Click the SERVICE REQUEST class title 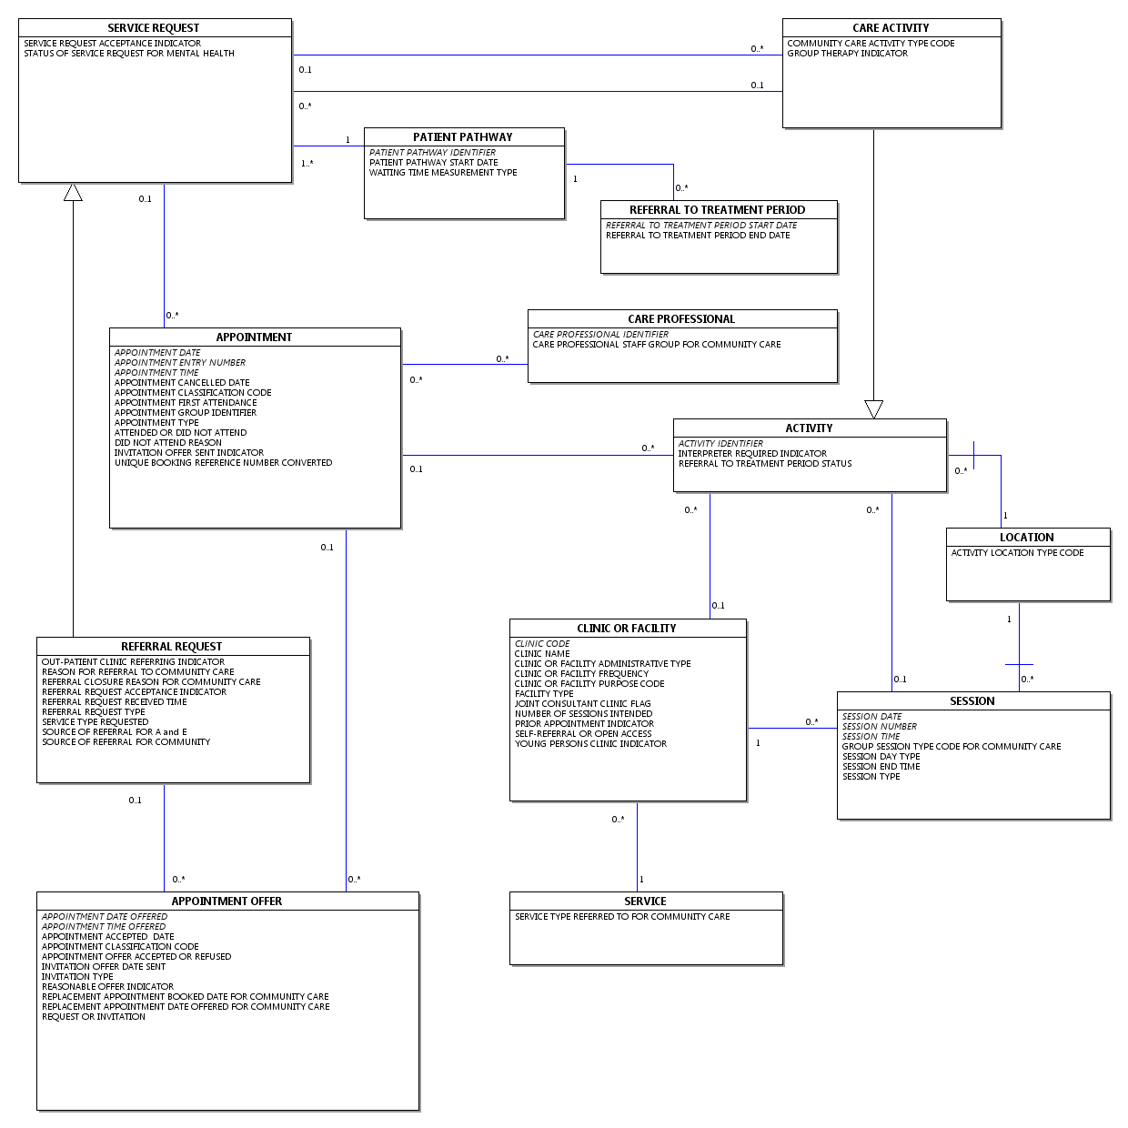tap(153, 28)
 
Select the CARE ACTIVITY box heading tap(891, 28)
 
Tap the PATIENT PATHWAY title tap(462, 137)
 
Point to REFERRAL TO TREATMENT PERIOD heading tap(717, 210)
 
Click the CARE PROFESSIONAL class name tap(681, 319)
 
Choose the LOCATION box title tap(1026, 538)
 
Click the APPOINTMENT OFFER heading tap(227, 901)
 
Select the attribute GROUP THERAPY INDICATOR tap(847, 54)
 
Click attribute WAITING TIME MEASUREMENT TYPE tap(443, 173)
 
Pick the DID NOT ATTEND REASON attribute tap(168, 443)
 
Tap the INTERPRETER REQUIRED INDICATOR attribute tap(752, 454)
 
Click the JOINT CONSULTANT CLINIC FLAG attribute tap(582, 704)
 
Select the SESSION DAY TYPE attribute tap(881, 757)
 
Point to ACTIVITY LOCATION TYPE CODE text tap(1017, 553)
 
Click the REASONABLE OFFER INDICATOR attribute tap(107, 987)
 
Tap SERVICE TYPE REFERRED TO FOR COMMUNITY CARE tap(622, 917)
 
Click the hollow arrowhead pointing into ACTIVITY tap(873, 409)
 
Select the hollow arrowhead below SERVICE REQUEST tap(73, 192)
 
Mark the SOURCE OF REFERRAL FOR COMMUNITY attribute tap(126, 742)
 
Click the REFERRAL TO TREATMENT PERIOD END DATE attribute tap(698, 236)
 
